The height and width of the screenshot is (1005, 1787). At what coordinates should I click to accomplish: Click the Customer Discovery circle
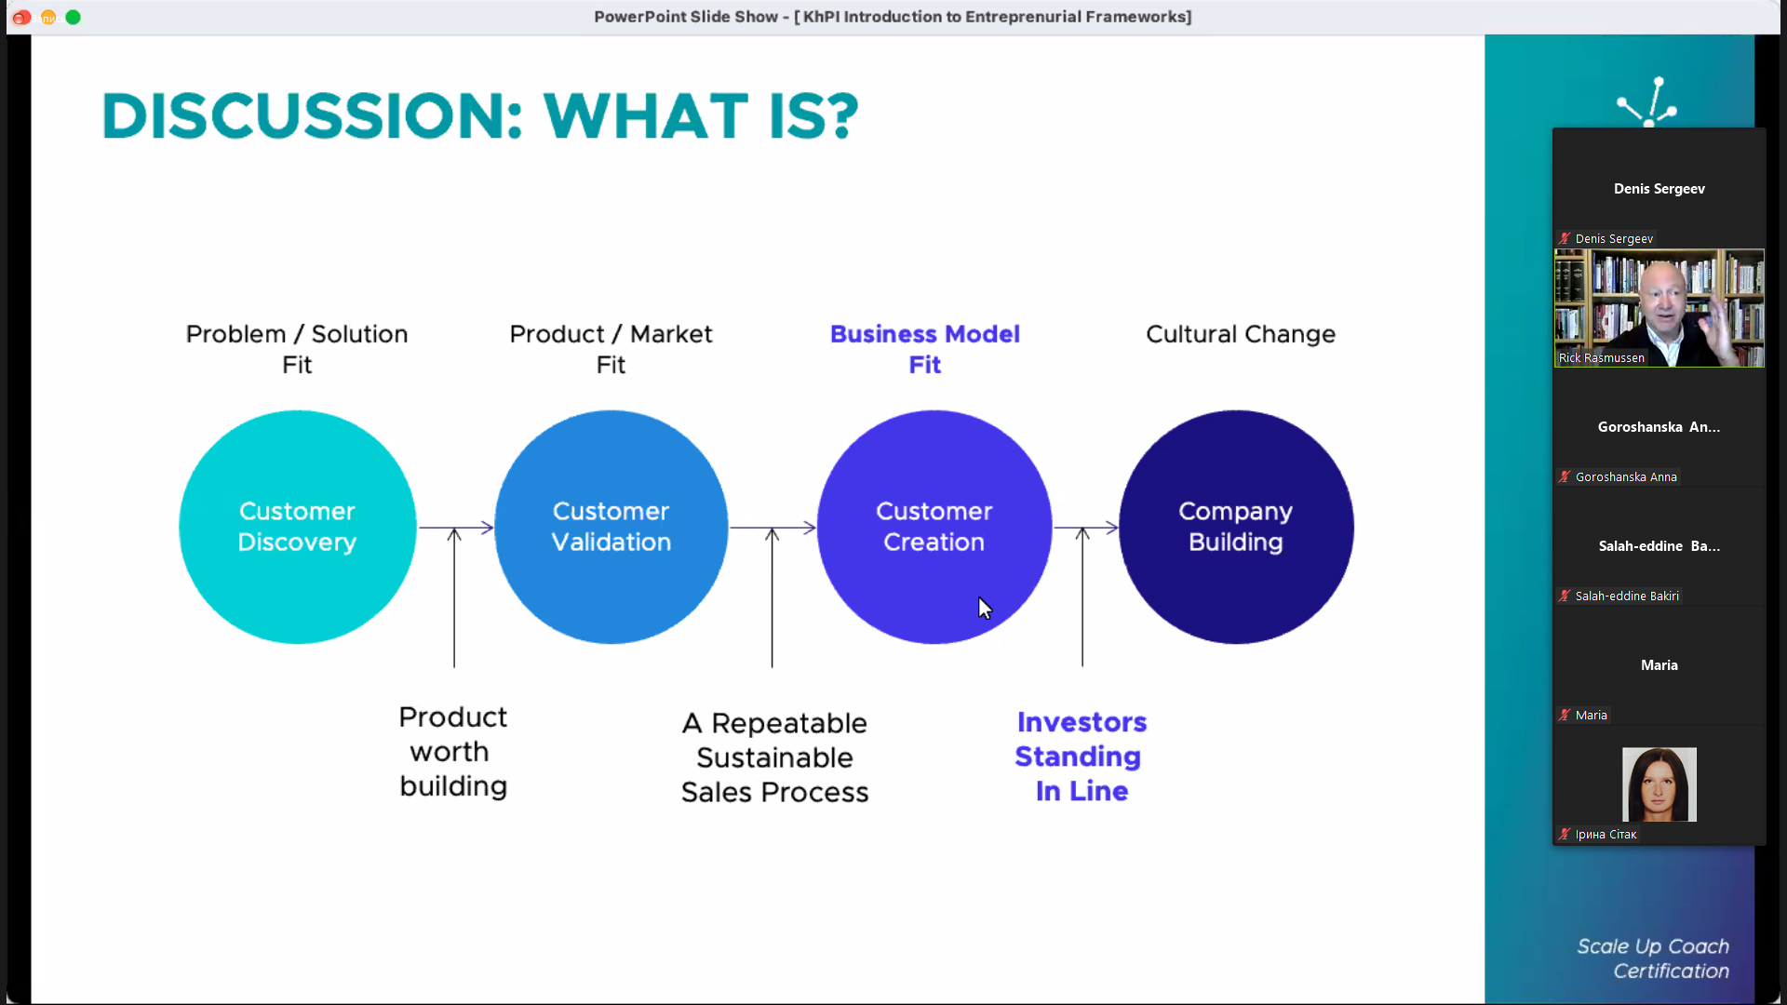pyautogui.click(x=298, y=527)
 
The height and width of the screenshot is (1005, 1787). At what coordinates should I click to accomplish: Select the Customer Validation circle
pyautogui.click(x=611, y=527)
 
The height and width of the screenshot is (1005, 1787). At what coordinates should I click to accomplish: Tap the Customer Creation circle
pyautogui.click(x=934, y=527)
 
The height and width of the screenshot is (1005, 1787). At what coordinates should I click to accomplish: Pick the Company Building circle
pyautogui.click(x=1236, y=527)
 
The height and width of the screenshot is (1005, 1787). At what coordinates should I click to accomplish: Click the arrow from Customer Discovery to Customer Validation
pyautogui.click(x=456, y=528)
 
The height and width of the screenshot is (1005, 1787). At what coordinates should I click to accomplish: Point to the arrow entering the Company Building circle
pyautogui.click(x=1085, y=528)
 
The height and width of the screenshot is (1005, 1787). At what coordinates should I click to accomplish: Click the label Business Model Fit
pyautogui.click(x=925, y=349)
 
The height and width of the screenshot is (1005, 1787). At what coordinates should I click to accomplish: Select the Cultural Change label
pyautogui.click(x=1241, y=334)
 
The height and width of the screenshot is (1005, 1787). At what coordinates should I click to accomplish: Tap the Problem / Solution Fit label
pyautogui.click(x=297, y=349)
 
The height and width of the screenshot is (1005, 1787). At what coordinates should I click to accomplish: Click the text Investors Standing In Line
pyautogui.click(x=1081, y=757)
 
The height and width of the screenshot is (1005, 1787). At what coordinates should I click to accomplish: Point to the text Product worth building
pyautogui.click(x=453, y=751)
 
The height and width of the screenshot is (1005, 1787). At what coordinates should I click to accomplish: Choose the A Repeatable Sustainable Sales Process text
pyautogui.click(x=774, y=757)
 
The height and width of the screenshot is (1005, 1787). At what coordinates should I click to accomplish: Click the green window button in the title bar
pyautogui.click(x=74, y=17)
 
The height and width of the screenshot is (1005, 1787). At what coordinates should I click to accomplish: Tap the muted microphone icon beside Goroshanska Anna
pyautogui.click(x=1565, y=476)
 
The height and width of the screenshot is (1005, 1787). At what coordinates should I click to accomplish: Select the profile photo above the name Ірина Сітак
pyautogui.click(x=1659, y=784)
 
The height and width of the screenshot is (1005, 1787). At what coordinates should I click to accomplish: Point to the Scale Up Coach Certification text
pyautogui.click(x=1653, y=958)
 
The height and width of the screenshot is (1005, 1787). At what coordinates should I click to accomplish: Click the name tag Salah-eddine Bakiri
pyautogui.click(x=1627, y=596)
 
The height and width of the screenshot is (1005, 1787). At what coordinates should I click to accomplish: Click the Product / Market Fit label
pyautogui.click(x=611, y=349)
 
